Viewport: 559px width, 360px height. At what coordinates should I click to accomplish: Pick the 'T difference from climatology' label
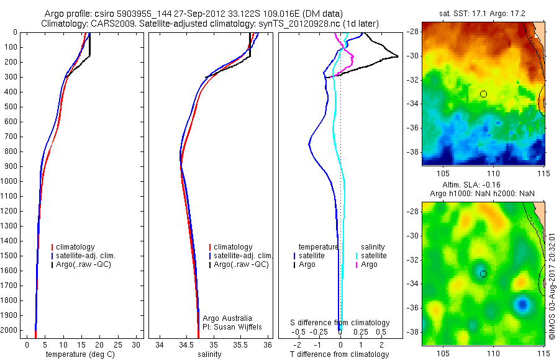339,354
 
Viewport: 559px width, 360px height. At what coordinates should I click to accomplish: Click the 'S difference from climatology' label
340,323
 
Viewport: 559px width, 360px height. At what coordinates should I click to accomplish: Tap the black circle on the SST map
483,94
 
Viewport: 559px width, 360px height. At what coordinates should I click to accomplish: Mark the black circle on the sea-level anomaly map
483,274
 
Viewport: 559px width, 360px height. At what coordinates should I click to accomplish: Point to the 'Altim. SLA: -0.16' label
483,186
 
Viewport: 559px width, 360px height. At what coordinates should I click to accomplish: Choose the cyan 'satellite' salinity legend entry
373,256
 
